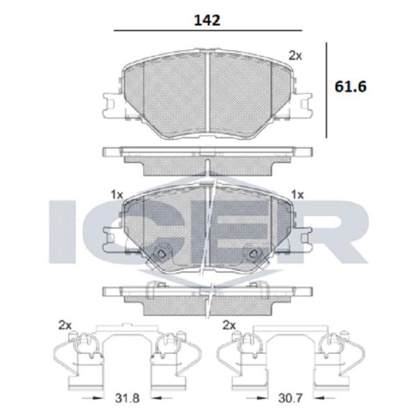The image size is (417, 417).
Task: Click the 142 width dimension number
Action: [x=207, y=20]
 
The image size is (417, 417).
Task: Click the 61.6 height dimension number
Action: [x=350, y=86]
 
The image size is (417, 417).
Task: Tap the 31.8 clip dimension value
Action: [x=127, y=398]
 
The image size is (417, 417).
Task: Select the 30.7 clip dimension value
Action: [x=291, y=398]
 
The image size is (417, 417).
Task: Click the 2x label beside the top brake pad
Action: [x=295, y=56]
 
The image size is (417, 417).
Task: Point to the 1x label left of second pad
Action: [x=117, y=195]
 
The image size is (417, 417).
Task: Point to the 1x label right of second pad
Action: [x=297, y=195]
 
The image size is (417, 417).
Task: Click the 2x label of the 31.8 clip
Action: [x=65, y=325]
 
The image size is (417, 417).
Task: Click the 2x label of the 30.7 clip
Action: [x=229, y=325]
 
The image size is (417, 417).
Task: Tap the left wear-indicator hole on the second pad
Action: [x=161, y=254]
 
